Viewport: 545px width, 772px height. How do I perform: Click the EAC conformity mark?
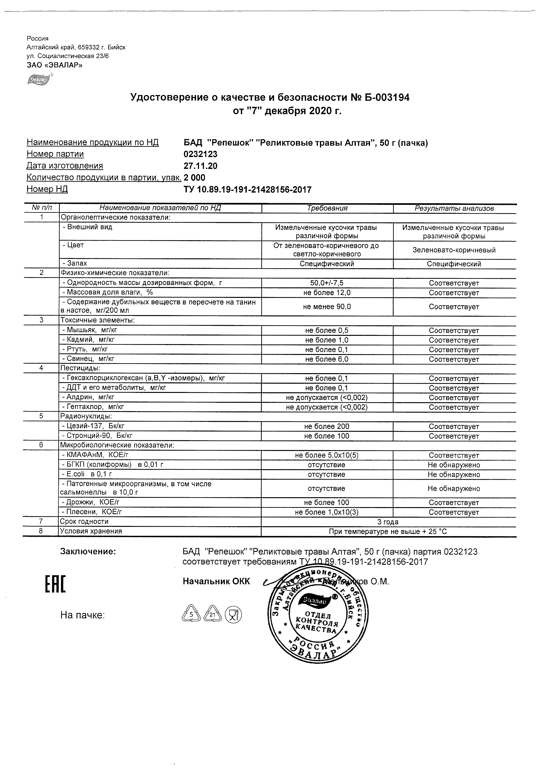point(55,584)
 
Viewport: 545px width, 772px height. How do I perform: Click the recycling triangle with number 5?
point(191,615)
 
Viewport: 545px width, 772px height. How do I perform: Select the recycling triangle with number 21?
point(213,615)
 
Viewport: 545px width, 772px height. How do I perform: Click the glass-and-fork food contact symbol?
point(233,615)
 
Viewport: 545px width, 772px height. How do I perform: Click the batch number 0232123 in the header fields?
point(200,154)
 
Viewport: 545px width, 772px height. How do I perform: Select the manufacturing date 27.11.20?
point(200,166)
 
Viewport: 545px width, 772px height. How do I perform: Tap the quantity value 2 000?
point(194,178)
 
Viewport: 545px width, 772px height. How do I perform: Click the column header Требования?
point(327,209)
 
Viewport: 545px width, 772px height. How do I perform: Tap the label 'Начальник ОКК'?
point(216,582)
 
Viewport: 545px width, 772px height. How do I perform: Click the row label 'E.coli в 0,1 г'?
point(87,474)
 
